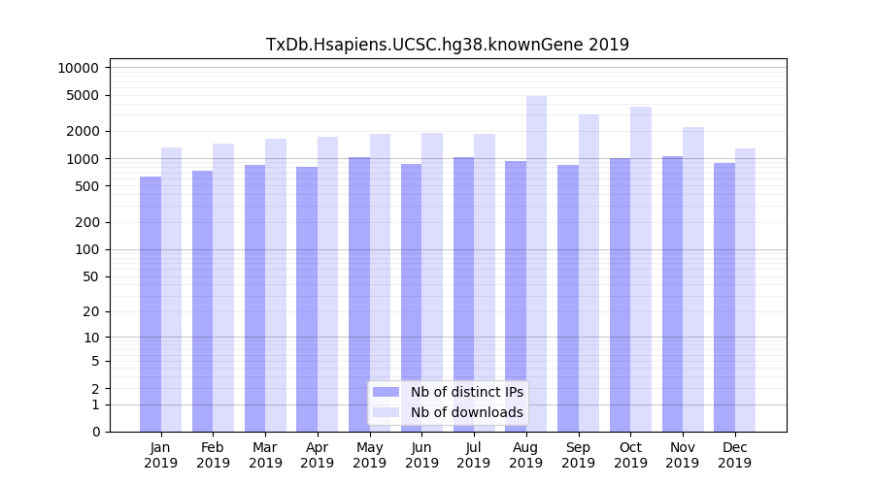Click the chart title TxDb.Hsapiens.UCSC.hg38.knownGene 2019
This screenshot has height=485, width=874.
point(447,45)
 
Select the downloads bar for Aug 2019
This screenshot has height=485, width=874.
point(537,262)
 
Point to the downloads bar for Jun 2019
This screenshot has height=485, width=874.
point(432,281)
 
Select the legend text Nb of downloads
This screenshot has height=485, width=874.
point(466,412)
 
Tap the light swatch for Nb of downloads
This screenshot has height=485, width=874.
point(387,412)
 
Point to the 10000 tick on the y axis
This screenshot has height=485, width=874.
point(78,68)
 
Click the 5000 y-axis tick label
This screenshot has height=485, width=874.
point(82,95)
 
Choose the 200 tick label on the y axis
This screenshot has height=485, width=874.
point(85,222)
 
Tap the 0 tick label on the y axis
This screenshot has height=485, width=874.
point(95,432)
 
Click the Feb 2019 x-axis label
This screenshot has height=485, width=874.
point(213,455)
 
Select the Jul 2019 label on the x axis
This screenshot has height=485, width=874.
point(474,455)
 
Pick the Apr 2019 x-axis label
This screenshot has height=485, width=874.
point(318,455)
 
